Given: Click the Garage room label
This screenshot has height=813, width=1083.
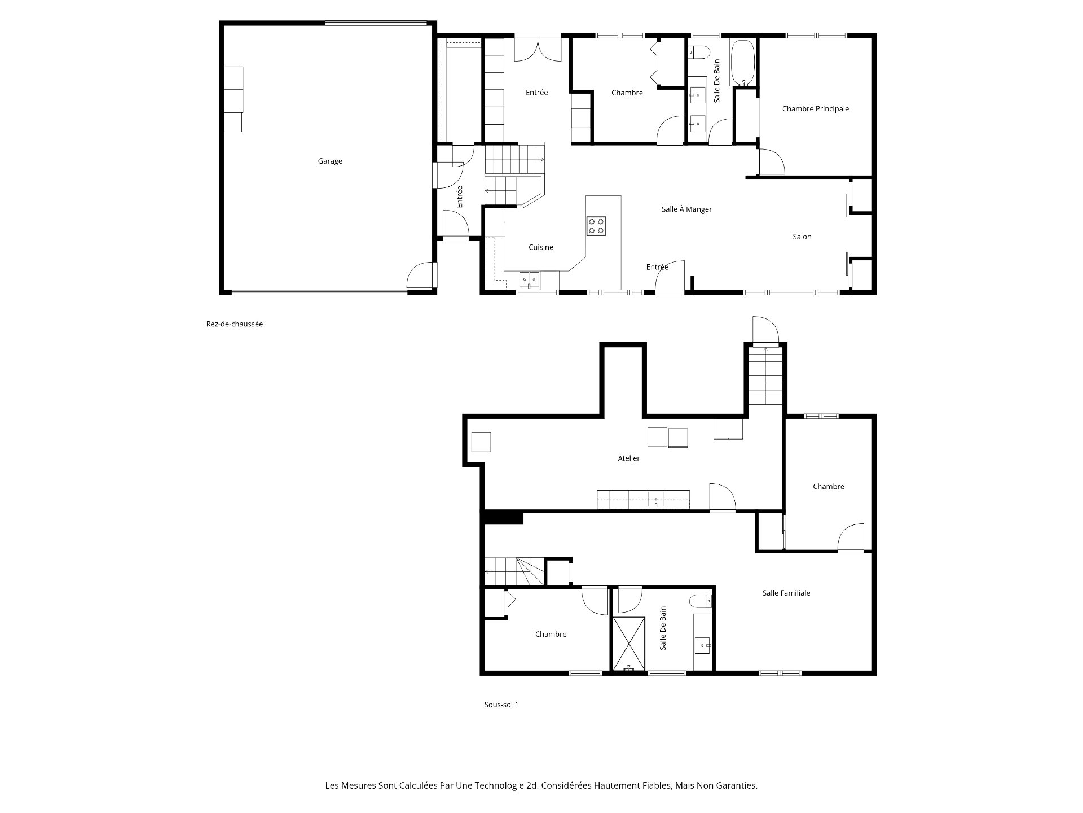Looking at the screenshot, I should point(330,161).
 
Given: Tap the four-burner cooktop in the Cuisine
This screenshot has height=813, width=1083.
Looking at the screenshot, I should point(596,226).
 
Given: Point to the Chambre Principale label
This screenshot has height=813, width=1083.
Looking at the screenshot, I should point(815,109).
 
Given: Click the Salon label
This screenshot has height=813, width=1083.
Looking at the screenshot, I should point(802,237).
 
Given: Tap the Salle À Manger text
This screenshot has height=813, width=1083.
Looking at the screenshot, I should point(686,209).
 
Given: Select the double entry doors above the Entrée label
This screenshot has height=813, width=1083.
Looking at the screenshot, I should point(538,49).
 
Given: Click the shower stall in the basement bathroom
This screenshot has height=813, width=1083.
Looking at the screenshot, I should point(629,643).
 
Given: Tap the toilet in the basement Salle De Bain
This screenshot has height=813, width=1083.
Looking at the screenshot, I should point(701,601).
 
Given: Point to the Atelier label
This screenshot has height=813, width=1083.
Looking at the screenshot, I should point(628,458).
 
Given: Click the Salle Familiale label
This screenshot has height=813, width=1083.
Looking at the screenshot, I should point(786,593).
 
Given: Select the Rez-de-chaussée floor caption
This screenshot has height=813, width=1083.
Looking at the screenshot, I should point(235,324).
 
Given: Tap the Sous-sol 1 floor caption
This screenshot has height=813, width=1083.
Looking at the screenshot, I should point(501,705).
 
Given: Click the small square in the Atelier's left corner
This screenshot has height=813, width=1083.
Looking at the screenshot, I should point(481,442).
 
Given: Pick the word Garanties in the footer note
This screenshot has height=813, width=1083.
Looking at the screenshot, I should point(737,785).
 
